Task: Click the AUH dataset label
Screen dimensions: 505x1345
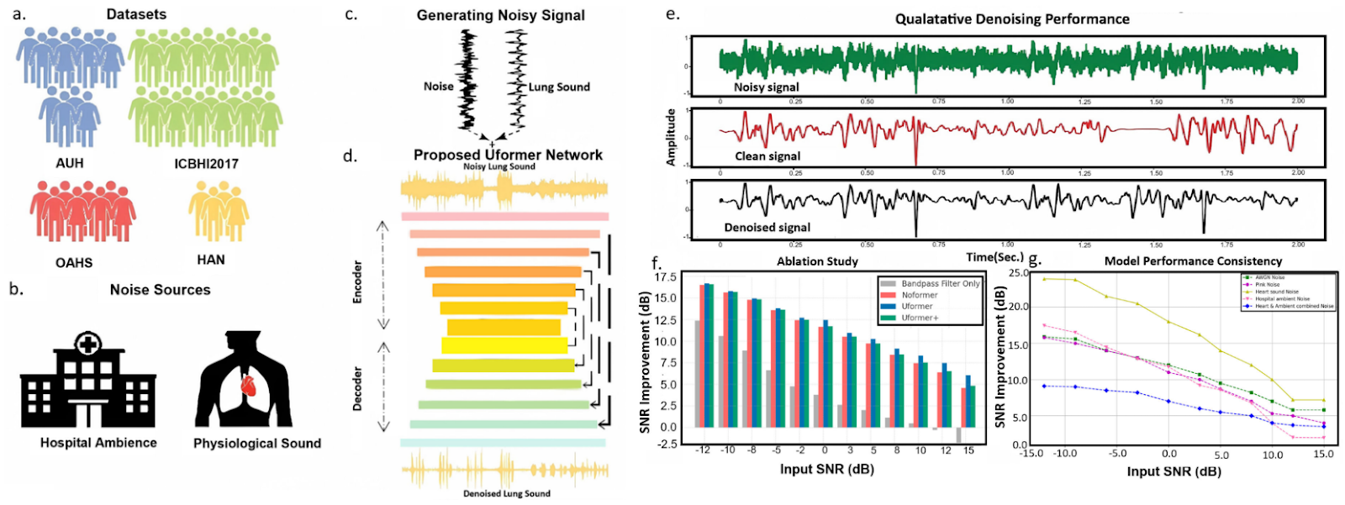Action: [69, 163]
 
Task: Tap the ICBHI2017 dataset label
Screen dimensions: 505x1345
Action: [206, 164]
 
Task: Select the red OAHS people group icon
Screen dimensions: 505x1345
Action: [82, 210]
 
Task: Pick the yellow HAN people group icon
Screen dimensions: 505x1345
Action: [219, 210]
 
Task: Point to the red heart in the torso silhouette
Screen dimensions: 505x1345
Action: [248, 386]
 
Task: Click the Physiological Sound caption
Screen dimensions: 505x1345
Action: [257, 444]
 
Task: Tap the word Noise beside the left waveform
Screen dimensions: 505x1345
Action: [438, 87]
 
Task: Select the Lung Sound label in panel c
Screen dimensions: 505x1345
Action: [559, 87]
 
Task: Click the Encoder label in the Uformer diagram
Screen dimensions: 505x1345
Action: [357, 281]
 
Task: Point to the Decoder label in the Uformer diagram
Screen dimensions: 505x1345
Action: [357, 388]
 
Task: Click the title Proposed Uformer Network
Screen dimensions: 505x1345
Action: [508, 155]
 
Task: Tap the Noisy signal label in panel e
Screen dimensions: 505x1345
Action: [766, 87]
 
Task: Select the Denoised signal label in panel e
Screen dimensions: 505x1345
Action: [767, 228]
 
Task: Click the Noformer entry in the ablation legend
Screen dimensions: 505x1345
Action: [920, 295]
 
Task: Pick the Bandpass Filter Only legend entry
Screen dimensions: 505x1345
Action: [940, 284]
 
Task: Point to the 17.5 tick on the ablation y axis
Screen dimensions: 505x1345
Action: [666, 277]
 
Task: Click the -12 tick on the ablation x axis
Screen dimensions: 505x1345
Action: [703, 450]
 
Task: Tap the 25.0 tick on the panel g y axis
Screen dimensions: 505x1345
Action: [1018, 274]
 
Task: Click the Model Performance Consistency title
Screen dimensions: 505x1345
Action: [1193, 261]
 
